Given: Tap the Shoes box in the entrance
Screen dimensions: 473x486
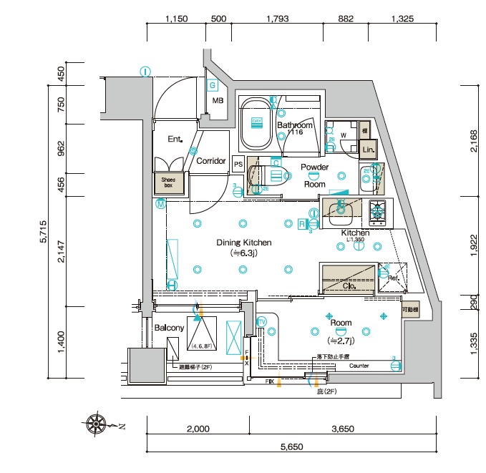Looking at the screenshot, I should (x=169, y=183).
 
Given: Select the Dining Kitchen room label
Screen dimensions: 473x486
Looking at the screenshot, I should (x=245, y=243).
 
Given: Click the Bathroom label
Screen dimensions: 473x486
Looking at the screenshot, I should (x=295, y=125).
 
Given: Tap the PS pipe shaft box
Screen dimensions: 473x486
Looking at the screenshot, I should (x=238, y=162).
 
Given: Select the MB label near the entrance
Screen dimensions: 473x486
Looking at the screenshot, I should (x=218, y=101).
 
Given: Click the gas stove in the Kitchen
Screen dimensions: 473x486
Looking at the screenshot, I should (x=377, y=211).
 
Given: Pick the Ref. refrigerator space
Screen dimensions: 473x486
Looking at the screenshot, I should (x=392, y=275).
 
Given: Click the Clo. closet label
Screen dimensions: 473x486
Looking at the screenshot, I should (x=350, y=286).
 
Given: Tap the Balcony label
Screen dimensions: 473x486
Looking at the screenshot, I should (x=169, y=328).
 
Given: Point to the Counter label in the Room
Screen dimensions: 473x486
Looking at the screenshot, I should (x=359, y=366).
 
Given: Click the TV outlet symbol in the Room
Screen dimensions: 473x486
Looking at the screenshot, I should (x=261, y=321).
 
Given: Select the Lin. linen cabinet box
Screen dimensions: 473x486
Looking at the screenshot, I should (x=369, y=150).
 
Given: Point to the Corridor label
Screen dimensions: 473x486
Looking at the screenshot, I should (x=211, y=161).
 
